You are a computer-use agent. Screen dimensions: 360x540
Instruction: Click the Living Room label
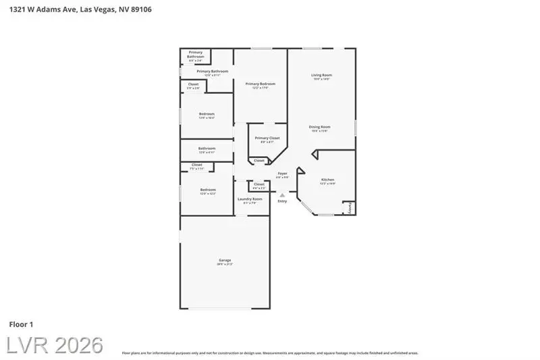(321, 75)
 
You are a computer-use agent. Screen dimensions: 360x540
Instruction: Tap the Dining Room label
(319, 127)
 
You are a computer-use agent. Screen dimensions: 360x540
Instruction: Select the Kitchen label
(327, 180)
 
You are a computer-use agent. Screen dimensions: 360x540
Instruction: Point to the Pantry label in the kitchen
(350, 209)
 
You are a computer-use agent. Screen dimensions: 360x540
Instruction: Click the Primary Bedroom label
(260, 84)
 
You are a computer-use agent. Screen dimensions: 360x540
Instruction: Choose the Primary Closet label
(267, 138)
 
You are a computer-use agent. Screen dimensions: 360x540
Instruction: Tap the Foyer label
(282, 174)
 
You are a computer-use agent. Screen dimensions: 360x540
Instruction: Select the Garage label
(224, 260)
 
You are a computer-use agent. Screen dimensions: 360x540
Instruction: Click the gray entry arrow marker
(282, 195)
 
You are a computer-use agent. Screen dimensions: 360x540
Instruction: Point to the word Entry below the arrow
(282, 201)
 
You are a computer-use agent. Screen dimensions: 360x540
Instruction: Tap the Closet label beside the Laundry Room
(259, 184)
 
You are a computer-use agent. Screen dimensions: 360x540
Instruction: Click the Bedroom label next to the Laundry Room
(207, 190)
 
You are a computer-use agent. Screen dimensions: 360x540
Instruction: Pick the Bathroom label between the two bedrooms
(207, 149)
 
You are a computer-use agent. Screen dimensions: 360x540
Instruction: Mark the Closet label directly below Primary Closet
(259, 161)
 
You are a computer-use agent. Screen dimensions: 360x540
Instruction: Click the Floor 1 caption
(22, 325)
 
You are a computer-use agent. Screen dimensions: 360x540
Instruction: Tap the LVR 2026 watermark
(55, 345)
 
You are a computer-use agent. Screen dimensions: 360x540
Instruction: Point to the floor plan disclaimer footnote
(270, 353)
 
